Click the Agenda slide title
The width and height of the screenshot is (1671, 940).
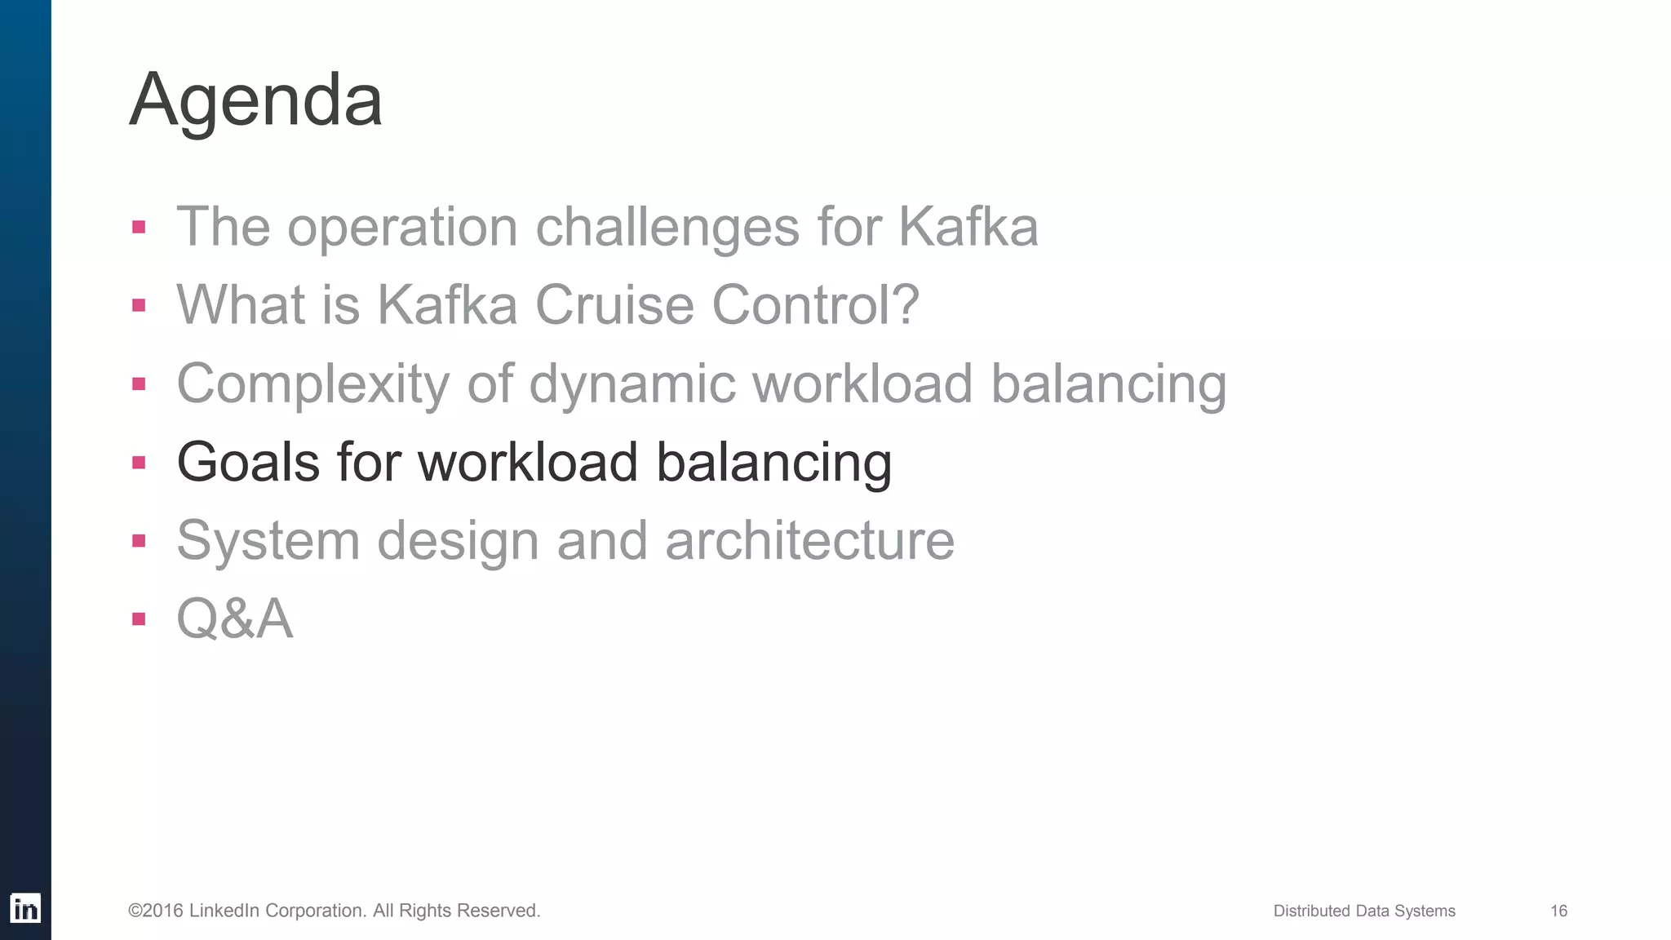255,100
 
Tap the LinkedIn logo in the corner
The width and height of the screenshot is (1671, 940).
24,908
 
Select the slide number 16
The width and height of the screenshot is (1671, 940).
1558,911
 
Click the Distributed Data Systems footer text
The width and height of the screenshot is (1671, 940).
1363,911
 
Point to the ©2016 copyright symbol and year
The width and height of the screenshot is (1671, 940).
155,911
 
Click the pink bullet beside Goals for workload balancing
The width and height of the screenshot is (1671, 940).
139,463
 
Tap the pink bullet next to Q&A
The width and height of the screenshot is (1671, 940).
139,619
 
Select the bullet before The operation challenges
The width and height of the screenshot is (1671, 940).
139,227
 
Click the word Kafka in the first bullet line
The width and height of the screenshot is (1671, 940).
968,226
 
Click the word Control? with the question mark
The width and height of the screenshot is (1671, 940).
815,304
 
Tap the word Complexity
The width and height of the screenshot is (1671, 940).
312,384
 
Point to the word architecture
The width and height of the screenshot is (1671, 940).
809,540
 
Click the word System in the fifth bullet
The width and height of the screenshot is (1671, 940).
268,540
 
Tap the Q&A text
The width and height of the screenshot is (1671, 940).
234,619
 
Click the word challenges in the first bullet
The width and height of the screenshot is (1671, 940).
667,226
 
